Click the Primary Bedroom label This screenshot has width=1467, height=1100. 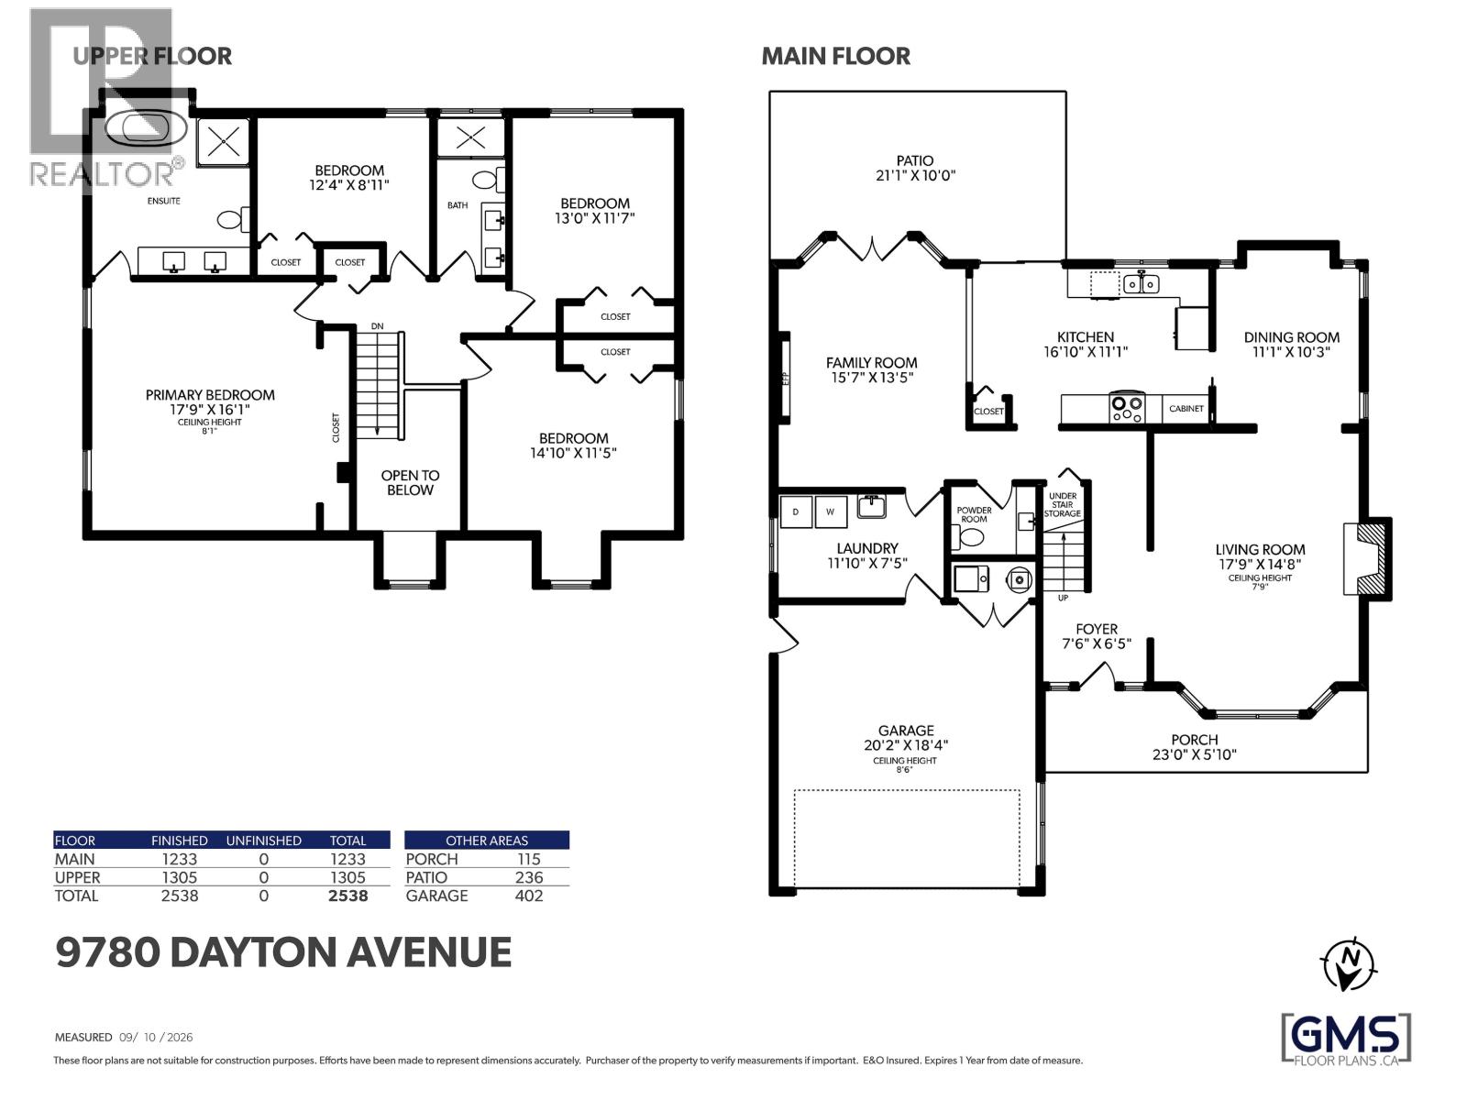click(x=210, y=395)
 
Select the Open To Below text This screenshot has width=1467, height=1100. click(x=410, y=482)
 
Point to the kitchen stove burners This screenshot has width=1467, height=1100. click(x=1127, y=407)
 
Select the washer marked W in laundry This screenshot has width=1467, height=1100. click(x=831, y=511)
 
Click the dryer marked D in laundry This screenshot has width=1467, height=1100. click(x=796, y=511)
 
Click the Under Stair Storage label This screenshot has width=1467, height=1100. click(x=1062, y=505)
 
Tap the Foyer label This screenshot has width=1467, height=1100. click(x=1097, y=629)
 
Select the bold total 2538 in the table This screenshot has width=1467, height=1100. click(x=347, y=896)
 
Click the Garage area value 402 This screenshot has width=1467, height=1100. click(x=529, y=896)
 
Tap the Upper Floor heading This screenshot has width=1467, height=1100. click(x=152, y=56)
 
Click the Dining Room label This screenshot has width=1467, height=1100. click(x=1291, y=337)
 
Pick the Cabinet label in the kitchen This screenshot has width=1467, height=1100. click(x=1186, y=409)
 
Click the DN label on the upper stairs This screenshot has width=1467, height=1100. click(x=377, y=326)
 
